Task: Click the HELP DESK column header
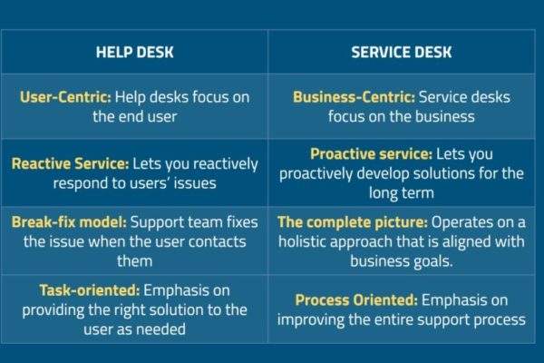134,52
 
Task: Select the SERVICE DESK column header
402,52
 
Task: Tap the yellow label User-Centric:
65,97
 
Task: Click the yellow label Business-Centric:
354,97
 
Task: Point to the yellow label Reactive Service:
70,163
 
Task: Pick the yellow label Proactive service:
371,154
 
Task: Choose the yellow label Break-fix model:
69,222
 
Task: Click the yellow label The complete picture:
353,222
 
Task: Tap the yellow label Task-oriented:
90,290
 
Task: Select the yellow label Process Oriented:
356,299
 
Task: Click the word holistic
302,241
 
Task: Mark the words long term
402,192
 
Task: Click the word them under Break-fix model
134,260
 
